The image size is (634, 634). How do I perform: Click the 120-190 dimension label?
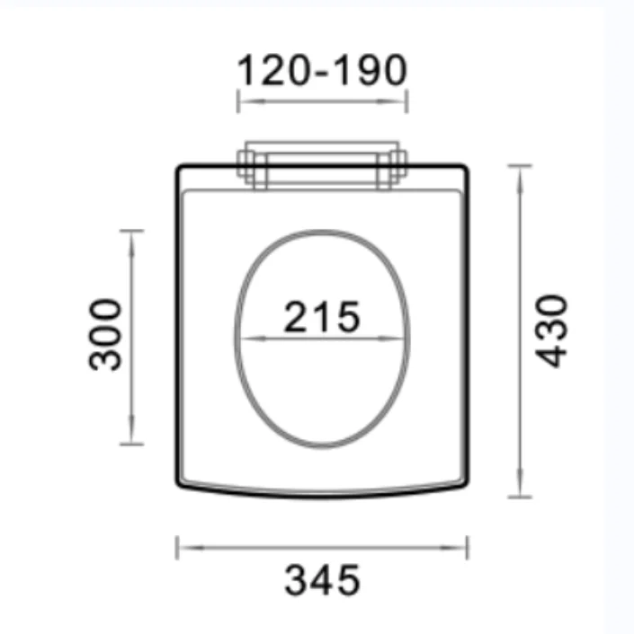tap(322, 70)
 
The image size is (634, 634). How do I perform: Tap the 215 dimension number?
tap(322, 316)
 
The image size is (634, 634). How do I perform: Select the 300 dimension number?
tap(106, 334)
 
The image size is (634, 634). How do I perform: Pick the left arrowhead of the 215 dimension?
tap(247, 339)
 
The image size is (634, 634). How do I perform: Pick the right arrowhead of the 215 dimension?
tap(400, 339)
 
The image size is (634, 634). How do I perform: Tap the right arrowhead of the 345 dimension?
tap(460, 546)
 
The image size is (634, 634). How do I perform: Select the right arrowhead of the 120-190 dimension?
tap(400, 101)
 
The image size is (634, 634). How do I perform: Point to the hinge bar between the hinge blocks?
tap(322, 165)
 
